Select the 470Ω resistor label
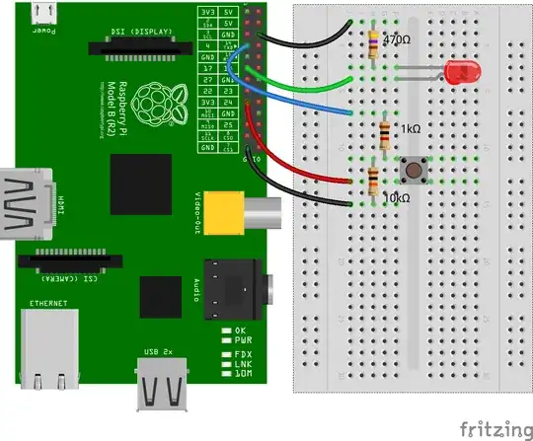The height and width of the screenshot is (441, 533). (397, 41)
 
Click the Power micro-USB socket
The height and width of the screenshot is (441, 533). (43, 13)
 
